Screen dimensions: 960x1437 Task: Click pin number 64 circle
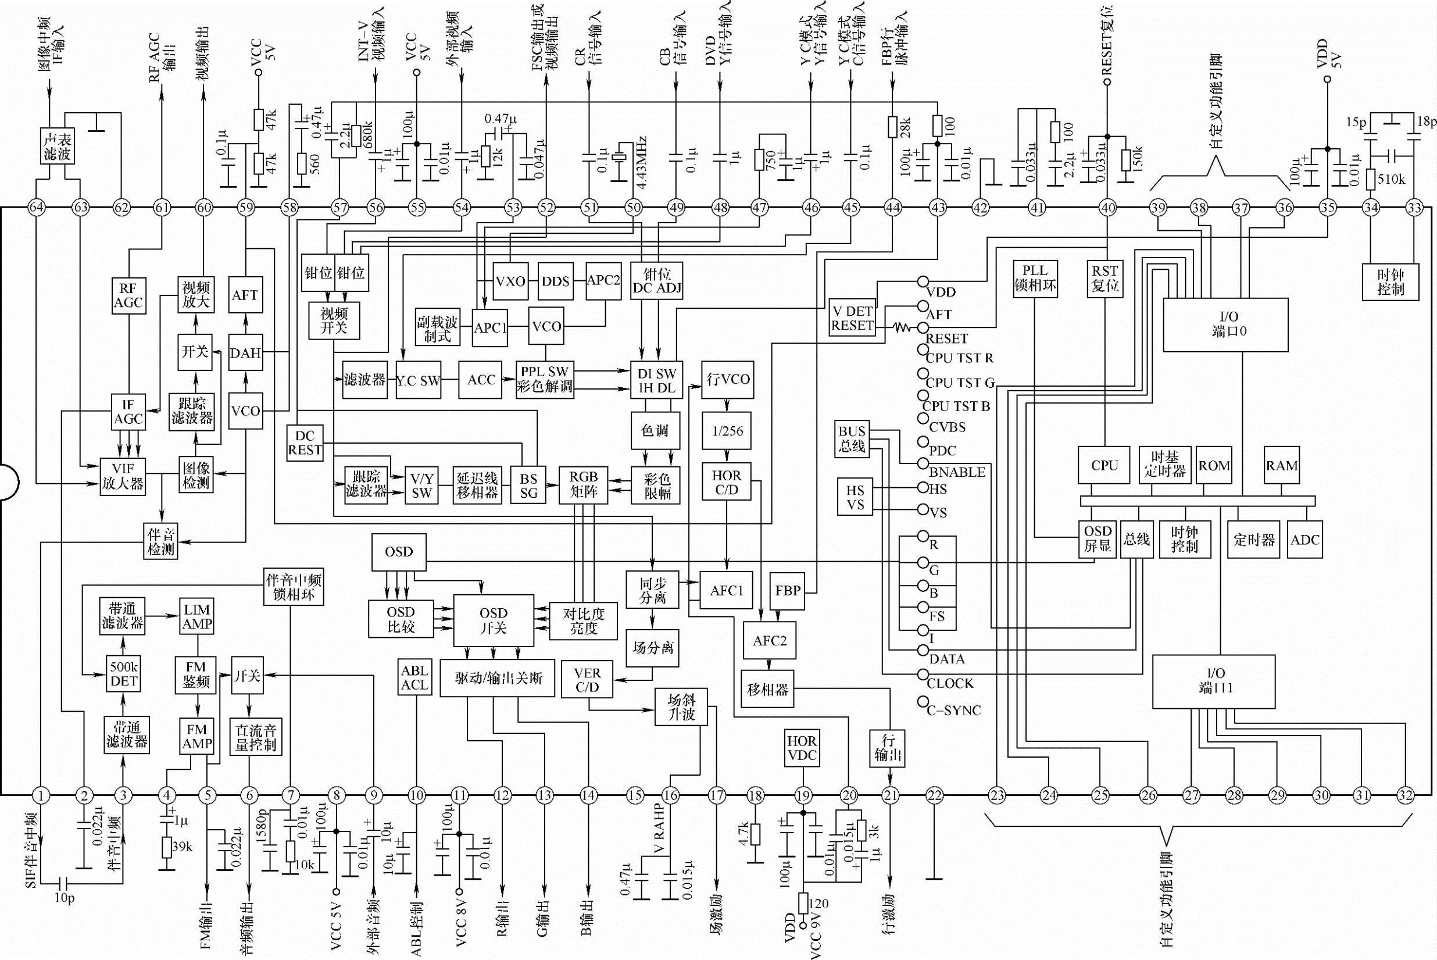pyautogui.click(x=37, y=208)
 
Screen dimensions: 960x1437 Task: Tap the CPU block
pyautogui.click(x=1104, y=466)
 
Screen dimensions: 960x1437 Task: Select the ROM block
pyautogui.click(x=1214, y=466)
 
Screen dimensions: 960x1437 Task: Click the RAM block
pyautogui.click(x=1282, y=466)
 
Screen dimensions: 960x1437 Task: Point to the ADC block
pyautogui.click(x=1304, y=540)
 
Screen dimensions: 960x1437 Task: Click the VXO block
pyautogui.click(x=510, y=281)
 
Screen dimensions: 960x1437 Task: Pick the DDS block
pyautogui.click(x=556, y=281)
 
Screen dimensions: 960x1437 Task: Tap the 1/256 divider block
pyautogui.click(x=728, y=431)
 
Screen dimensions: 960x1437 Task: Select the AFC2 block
pyautogui.click(x=769, y=641)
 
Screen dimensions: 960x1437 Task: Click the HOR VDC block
pyautogui.click(x=802, y=748)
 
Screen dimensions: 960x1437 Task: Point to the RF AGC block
pyautogui.click(x=128, y=296)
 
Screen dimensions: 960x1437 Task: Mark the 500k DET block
pyautogui.click(x=124, y=674)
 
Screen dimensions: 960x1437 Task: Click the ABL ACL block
pyautogui.click(x=414, y=677)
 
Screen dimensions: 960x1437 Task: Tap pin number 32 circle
pyautogui.click(x=1405, y=796)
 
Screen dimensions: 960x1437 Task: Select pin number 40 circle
pyautogui.click(x=1108, y=208)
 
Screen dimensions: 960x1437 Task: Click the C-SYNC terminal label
pyautogui.click(x=953, y=711)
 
